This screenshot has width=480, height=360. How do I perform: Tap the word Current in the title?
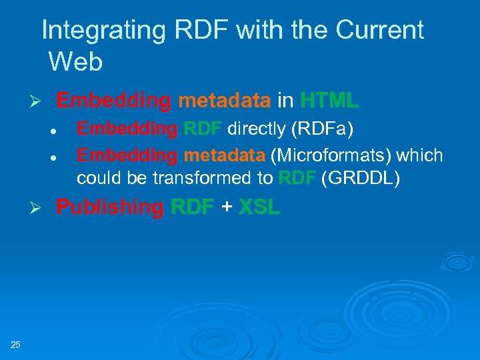(380, 30)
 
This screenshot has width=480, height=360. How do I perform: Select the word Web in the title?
(75, 62)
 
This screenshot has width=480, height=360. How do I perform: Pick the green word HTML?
(329, 101)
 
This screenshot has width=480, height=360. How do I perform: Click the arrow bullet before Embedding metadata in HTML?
(38, 101)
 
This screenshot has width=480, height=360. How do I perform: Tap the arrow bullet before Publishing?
(38, 208)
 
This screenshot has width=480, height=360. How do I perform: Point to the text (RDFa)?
(319, 128)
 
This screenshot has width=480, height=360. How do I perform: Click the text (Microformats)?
(334, 155)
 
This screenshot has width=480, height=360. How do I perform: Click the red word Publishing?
(109, 207)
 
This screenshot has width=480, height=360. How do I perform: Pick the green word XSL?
(259, 207)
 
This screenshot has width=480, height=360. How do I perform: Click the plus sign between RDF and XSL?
(227, 207)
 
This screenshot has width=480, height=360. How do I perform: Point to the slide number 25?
(16, 344)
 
